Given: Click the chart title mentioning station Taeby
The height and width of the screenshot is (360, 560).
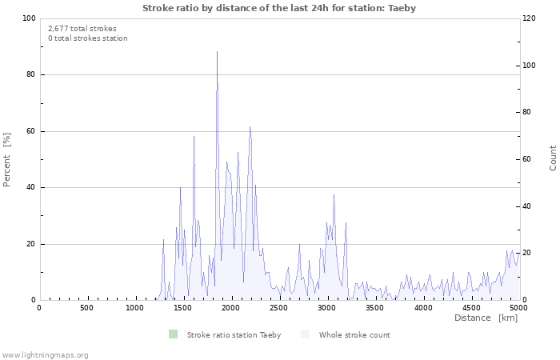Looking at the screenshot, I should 279,8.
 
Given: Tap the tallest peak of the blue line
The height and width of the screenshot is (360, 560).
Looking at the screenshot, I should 217,52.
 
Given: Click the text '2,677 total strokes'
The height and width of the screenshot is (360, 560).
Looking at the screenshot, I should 82,28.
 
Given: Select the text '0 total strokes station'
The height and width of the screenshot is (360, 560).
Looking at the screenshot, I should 88,38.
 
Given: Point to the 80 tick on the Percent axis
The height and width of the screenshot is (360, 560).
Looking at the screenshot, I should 30,75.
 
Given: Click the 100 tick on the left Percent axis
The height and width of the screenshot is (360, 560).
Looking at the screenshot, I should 29,18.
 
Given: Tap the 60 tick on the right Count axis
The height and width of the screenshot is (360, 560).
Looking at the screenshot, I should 530,159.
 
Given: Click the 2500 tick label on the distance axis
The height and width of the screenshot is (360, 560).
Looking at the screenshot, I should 279,308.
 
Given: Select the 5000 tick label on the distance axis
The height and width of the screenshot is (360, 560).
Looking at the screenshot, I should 518,308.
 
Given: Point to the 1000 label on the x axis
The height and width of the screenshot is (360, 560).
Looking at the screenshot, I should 135,308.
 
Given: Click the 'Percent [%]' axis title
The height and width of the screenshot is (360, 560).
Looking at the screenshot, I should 7,159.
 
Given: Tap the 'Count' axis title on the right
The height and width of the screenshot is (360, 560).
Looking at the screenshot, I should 553,158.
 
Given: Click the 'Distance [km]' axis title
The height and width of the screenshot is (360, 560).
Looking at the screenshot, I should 486,318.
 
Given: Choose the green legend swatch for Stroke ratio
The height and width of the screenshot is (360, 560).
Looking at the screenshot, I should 173,334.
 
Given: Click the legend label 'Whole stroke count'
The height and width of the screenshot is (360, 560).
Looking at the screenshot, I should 354,335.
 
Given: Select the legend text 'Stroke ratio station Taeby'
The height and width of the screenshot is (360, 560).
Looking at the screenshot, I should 234,335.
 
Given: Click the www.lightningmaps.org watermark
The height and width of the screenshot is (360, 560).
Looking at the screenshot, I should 45,354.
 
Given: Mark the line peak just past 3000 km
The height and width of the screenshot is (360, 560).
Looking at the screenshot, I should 334,194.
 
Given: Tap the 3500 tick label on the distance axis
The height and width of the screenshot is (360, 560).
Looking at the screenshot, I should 375,308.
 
